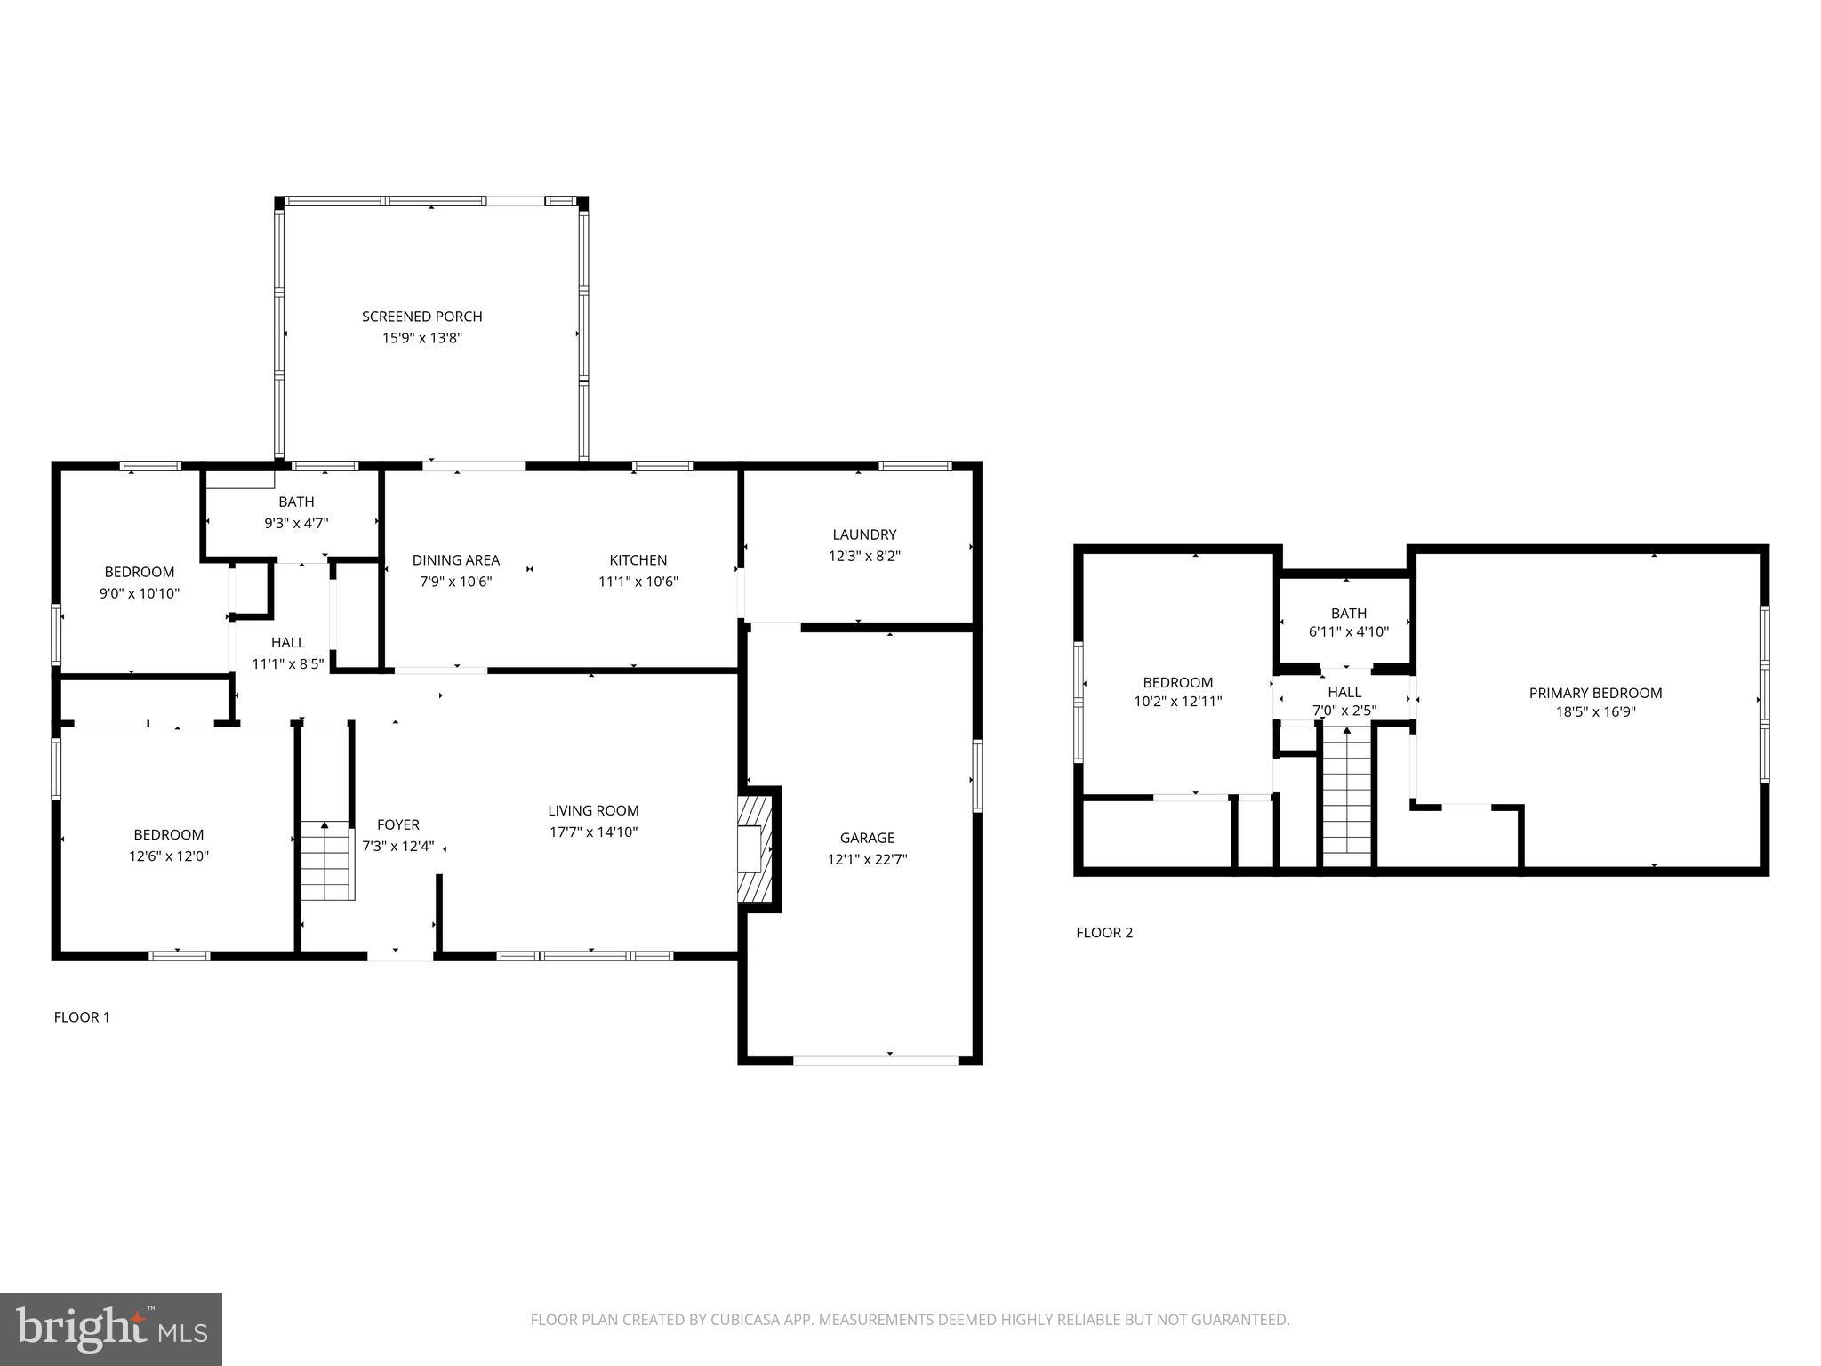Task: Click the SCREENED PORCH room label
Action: [421, 317]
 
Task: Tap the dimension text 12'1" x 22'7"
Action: [867, 859]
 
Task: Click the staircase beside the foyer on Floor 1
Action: [326, 860]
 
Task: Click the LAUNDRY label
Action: [864, 534]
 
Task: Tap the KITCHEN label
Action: [638, 560]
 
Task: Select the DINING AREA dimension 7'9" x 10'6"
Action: [455, 582]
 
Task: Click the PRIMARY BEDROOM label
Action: [1595, 693]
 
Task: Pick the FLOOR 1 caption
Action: [82, 1017]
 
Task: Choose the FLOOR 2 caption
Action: [1104, 933]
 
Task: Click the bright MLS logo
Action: [111, 1330]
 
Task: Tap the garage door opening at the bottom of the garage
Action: [876, 1060]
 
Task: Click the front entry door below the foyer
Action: [400, 956]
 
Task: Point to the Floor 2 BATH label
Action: [1348, 614]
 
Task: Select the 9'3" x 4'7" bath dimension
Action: [296, 524]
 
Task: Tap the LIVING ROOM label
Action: [593, 810]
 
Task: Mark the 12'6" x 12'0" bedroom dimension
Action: [169, 856]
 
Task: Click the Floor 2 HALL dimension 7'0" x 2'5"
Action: [1344, 711]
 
